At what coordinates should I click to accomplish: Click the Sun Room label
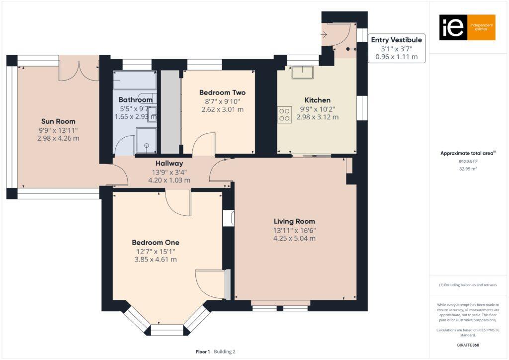[x=58, y=121]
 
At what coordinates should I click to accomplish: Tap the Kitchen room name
[x=318, y=100]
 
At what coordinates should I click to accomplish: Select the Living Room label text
[x=294, y=221]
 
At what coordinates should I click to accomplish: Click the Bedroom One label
[x=154, y=242]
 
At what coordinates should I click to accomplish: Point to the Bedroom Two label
[x=222, y=92]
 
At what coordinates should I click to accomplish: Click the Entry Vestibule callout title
[x=396, y=40]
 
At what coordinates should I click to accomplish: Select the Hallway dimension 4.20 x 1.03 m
[x=169, y=180]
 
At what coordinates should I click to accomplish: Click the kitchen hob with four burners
[x=284, y=115]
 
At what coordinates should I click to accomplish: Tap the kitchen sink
[x=302, y=72]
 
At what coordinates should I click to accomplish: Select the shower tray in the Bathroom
[x=147, y=140]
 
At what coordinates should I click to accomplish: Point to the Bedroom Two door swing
[x=203, y=144]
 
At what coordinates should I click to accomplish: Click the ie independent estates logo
[x=467, y=27]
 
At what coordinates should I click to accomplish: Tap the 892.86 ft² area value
[x=467, y=162]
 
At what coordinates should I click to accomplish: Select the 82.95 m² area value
[x=467, y=169]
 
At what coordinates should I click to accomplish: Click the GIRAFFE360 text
[x=468, y=345]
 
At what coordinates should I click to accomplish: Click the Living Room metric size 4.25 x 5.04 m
[x=294, y=238]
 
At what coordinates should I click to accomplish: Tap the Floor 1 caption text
[x=203, y=352]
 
